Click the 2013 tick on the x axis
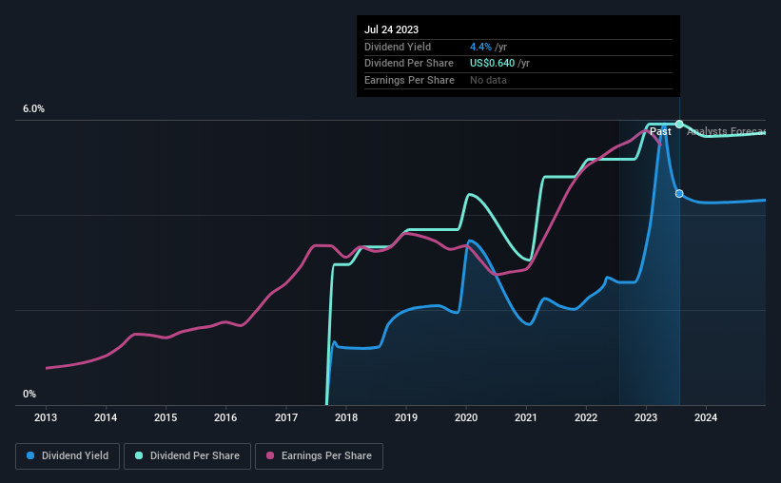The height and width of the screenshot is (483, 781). click(x=46, y=417)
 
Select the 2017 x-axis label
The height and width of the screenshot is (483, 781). click(x=286, y=417)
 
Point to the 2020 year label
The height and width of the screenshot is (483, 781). click(x=466, y=417)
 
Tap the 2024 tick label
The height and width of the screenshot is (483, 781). click(x=706, y=417)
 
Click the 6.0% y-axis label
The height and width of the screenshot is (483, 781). click(x=33, y=109)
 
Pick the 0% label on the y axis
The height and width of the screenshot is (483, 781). click(x=29, y=395)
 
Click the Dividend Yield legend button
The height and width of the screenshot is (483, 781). click(x=68, y=456)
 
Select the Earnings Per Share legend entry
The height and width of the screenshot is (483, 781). click(x=319, y=456)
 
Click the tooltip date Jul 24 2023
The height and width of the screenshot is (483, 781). click(x=391, y=29)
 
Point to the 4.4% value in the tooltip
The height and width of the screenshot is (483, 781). click(x=480, y=47)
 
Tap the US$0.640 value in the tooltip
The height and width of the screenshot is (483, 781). click(x=493, y=64)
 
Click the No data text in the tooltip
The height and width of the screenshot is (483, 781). click(x=488, y=80)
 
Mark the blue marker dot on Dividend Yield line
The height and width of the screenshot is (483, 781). click(x=679, y=193)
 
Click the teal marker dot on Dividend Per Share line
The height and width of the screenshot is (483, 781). click(x=679, y=124)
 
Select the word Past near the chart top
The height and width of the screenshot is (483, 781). click(x=660, y=131)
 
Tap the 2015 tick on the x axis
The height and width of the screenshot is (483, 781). click(x=166, y=417)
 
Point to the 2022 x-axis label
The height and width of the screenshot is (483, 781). click(x=586, y=417)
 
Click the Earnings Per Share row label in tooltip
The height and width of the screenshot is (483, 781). click(x=409, y=80)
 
